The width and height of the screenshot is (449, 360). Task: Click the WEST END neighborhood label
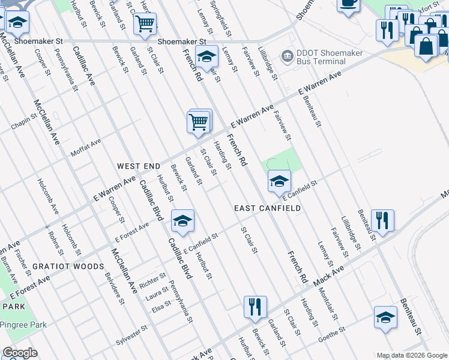[139, 166]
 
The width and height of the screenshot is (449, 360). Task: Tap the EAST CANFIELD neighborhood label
[267, 208]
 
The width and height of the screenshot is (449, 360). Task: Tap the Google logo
[20, 353]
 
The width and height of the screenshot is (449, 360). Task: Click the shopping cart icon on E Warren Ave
[199, 122]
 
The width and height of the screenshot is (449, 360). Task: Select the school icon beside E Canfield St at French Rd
[279, 182]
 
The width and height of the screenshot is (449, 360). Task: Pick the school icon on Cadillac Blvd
[182, 221]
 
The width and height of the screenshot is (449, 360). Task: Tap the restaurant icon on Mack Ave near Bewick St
[255, 307]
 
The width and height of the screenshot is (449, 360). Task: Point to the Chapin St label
[24, 124]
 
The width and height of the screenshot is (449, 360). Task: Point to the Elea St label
[161, 308]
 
